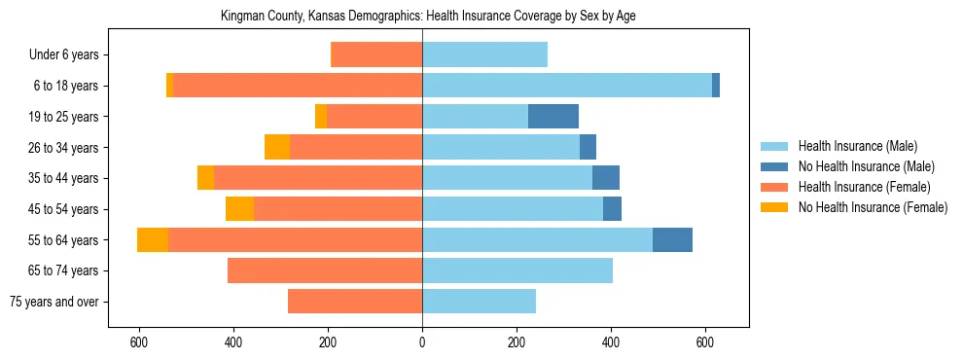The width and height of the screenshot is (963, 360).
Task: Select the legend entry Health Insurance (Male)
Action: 857,146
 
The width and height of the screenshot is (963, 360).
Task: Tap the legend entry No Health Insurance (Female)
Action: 873,207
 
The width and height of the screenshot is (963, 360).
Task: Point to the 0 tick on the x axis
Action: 422,342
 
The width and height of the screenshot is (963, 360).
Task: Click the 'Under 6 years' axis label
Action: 63,55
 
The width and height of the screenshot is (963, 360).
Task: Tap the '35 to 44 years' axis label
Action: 63,178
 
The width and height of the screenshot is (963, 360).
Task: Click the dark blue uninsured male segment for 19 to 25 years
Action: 553,117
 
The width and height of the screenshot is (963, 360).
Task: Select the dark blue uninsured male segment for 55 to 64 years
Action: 672,240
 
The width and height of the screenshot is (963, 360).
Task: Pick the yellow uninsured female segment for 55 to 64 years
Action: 153,240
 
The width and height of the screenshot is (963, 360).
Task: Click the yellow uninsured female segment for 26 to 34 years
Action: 277,148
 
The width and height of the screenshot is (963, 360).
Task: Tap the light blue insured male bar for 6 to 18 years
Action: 566,86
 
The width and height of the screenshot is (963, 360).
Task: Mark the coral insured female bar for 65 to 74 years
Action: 314,270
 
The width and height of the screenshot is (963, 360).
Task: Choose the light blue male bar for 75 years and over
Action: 479,302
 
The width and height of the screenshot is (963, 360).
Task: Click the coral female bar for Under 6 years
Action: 377,55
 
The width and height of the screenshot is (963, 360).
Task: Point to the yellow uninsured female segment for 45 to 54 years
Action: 239,209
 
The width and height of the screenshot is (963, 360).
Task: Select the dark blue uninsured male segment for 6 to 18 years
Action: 716,86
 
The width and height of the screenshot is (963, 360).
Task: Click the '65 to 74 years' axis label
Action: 63,270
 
